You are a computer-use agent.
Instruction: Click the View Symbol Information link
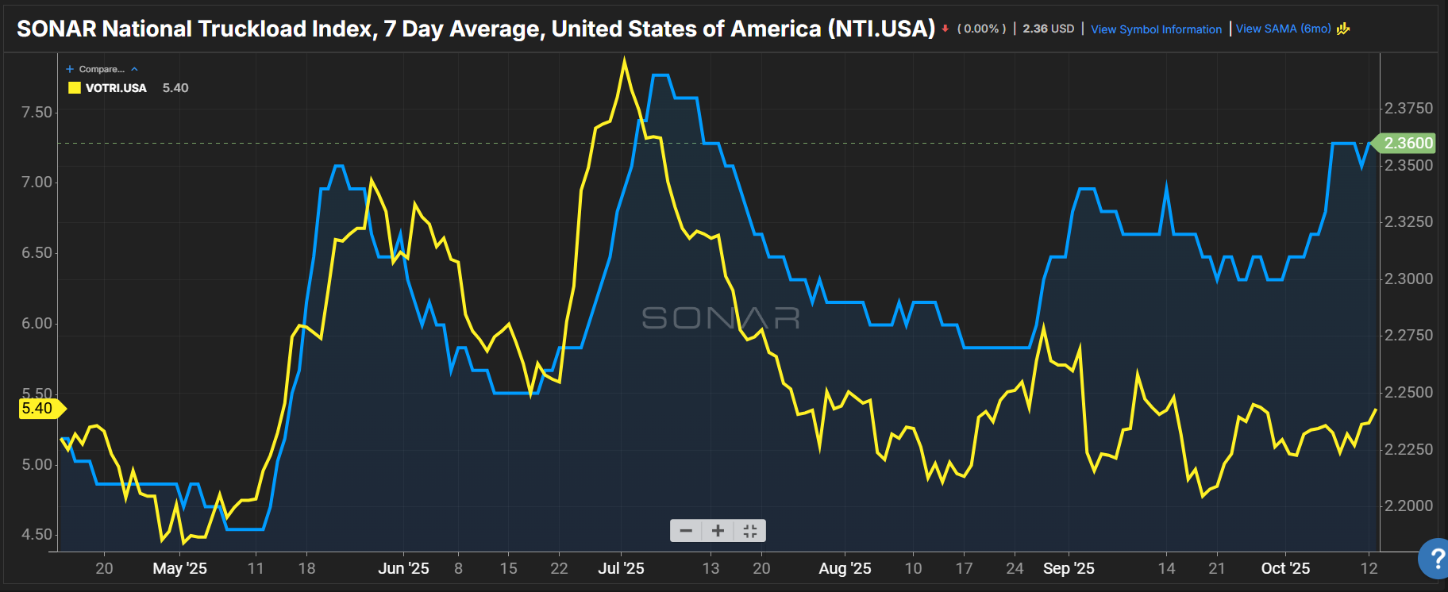tap(1156, 29)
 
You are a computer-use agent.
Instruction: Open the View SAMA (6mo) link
tap(1283, 29)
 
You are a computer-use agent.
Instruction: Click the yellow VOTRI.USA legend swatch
tap(75, 88)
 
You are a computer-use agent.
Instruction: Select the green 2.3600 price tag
tap(1408, 143)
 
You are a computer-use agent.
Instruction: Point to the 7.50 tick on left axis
tap(37, 112)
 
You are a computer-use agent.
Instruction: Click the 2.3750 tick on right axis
tap(1408, 109)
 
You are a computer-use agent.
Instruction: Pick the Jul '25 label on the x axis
tap(621, 568)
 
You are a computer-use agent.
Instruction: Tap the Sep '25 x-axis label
tap(1068, 568)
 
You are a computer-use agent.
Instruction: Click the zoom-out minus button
tap(686, 531)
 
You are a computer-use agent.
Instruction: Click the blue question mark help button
tap(1435, 559)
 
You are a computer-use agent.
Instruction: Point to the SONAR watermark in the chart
tap(720, 318)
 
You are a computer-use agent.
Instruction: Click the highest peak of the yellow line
tap(625, 60)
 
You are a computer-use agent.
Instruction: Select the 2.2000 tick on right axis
tap(1408, 506)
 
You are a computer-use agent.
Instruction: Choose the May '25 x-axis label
tap(179, 568)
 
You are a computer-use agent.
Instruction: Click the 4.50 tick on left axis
tap(37, 535)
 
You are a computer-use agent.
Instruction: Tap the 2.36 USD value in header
tap(1048, 29)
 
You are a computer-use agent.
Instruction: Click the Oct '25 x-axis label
tap(1285, 568)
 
